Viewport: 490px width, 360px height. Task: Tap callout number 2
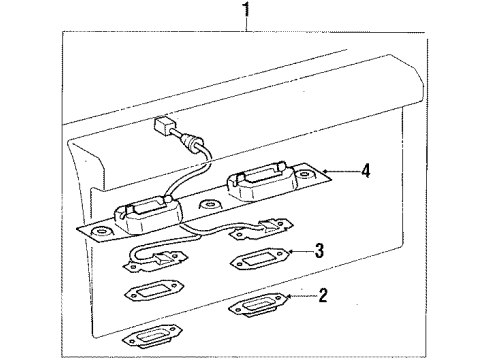323,296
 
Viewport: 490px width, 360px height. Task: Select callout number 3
319,250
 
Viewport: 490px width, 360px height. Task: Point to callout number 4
366,171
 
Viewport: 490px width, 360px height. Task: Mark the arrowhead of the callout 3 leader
290,251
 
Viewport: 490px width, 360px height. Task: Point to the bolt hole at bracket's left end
99,232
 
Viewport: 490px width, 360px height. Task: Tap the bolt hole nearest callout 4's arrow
305,175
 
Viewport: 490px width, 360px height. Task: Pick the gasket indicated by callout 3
259,259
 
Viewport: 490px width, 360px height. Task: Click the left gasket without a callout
154,290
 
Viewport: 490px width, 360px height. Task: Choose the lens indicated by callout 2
257,304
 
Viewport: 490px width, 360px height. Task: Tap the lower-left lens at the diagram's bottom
153,336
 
